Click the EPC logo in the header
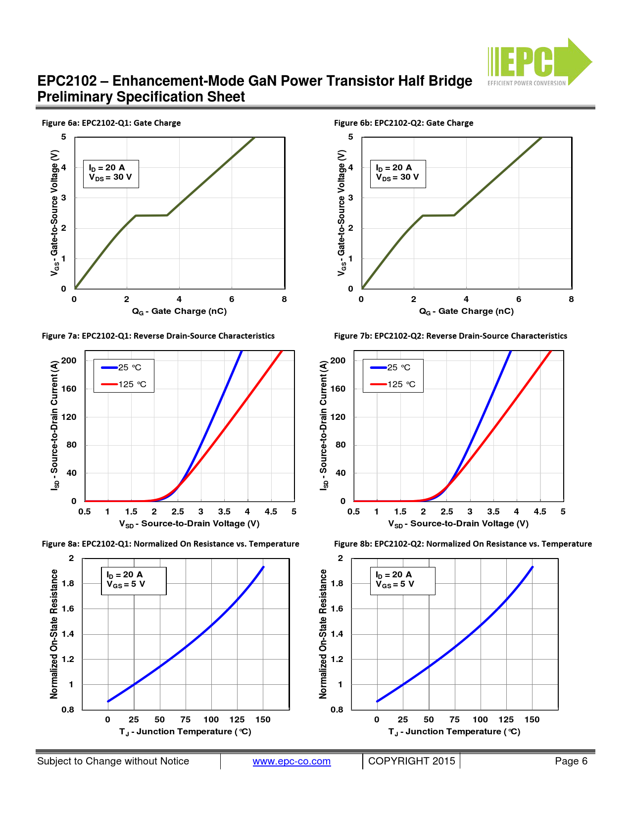538,62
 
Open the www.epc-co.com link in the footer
291,762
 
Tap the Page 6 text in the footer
571,762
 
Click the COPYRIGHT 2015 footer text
411,762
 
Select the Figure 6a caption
111,123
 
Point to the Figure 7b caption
450,336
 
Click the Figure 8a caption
170,544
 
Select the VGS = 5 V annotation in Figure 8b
395,584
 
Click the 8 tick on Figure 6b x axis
571,300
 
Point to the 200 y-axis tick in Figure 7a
69,360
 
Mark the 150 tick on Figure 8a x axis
263,720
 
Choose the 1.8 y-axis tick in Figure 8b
337,584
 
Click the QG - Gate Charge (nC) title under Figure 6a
179,311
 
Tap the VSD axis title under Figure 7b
458,524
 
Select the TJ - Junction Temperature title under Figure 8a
185,732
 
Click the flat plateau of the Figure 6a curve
151,215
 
